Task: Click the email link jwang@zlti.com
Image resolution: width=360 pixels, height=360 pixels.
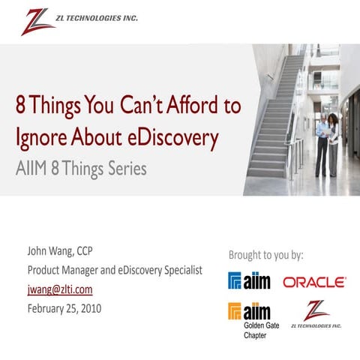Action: click(60, 289)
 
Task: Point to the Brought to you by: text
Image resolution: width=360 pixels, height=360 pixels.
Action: click(266, 255)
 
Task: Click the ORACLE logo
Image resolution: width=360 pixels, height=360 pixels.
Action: click(314, 282)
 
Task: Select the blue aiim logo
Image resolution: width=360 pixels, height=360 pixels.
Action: click(250, 281)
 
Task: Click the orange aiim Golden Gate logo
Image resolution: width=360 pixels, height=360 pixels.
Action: click(250, 310)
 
